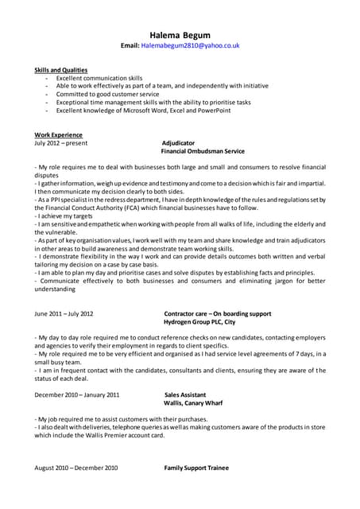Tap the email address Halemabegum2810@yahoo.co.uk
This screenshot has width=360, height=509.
click(x=190, y=46)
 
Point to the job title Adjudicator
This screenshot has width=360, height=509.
click(x=178, y=143)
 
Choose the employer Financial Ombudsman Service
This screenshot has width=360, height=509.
click(x=203, y=151)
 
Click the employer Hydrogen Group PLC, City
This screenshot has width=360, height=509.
click(x=199, y=322)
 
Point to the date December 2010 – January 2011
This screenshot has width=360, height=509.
click(x=77, y=394)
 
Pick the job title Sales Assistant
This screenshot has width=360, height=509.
click(x=185, y=394)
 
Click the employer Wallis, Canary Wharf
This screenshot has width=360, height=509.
click(x=193, y=403)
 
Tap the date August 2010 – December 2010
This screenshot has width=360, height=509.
click(x=75, y=468)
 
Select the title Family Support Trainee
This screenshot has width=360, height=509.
click(x=196, y=468)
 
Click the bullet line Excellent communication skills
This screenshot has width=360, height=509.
click(x=99, y=79)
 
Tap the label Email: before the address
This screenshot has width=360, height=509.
click(x=130, y=46)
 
